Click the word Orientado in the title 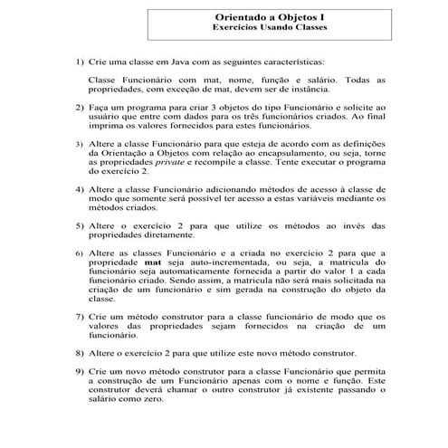243,15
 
